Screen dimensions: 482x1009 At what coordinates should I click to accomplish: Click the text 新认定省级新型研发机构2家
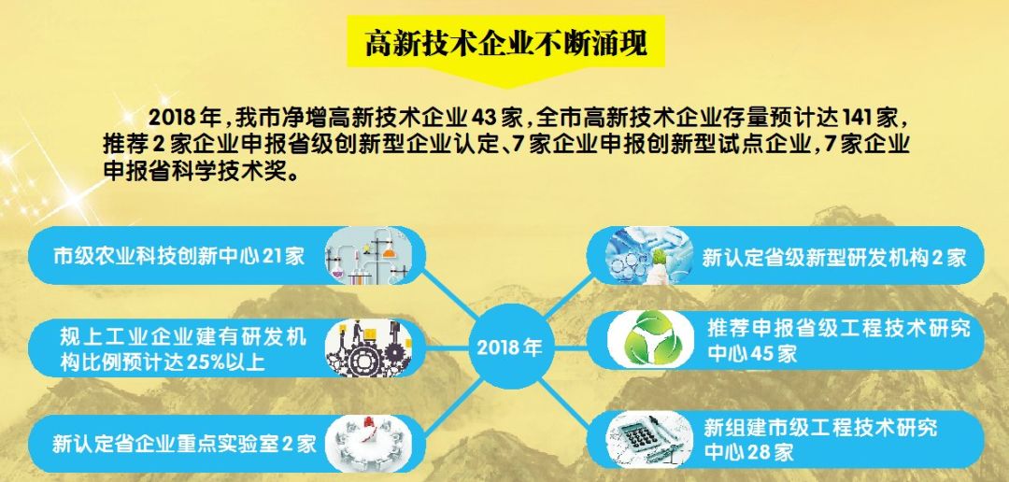(834, 257)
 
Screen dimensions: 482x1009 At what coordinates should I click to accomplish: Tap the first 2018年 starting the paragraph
(184, 119)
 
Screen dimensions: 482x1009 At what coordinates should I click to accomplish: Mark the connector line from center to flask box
(448, 291)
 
